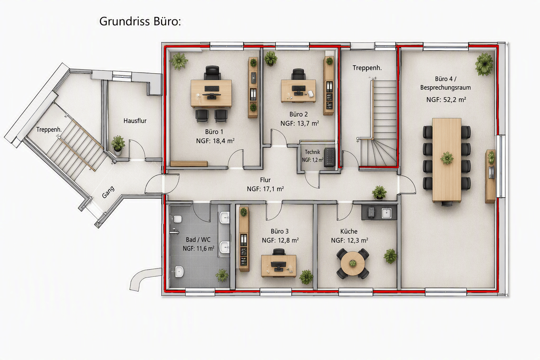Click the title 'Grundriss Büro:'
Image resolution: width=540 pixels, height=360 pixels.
[x=140, y=22]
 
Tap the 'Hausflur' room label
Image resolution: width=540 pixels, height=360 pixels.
[x=135, y=121]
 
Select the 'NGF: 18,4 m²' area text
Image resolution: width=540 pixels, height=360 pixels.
[x=215, y=141]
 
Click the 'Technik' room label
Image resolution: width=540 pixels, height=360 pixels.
[x=312, y=152]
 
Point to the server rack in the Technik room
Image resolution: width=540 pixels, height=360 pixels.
[x=329, y=157]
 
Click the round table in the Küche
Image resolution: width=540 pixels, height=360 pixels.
[x=352, y=264]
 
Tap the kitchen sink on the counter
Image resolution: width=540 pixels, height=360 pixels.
[x=386, y=213]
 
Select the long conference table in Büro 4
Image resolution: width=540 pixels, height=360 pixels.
[x=447, y=160]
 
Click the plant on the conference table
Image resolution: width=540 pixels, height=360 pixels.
[x=447, y=158]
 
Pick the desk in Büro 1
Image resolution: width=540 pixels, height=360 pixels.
[x=211, y=93]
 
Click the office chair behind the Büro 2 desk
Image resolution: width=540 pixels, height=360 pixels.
[x=298, y=74]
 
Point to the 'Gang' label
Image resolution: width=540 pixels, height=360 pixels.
[x=108, y=192]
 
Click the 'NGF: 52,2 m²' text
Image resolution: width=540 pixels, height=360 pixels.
[x=446, y=100]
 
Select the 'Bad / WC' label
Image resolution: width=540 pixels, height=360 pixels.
[x=198, y=240]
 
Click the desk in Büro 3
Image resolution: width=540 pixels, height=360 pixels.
[x=279, y=266]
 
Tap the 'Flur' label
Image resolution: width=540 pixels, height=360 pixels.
[x=265, y=180]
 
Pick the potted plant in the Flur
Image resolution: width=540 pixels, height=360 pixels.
[x=379, y=193]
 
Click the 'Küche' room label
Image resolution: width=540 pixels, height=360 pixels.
[x=349, y=231]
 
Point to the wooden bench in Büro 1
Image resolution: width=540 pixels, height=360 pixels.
[x=189, y=164]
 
